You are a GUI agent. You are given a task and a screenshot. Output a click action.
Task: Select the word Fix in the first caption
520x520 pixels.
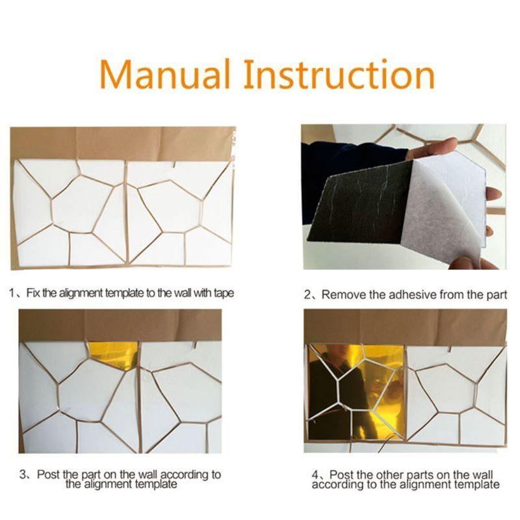point(34,293)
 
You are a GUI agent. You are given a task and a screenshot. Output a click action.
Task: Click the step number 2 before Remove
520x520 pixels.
point(308,294)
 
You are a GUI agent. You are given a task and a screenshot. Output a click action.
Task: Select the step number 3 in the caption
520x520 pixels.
point(22,475)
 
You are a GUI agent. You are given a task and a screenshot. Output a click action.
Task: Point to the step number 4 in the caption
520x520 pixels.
point(316,475)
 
